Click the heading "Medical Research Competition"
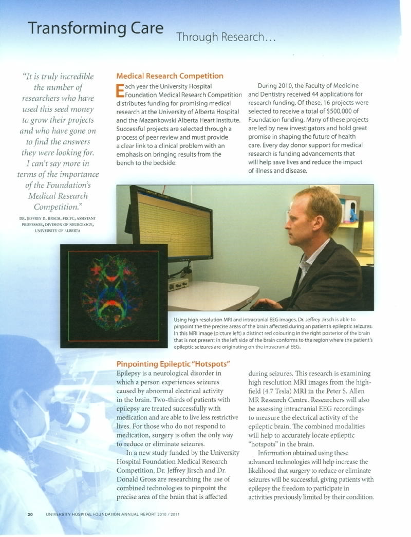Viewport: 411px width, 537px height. click(170, 76)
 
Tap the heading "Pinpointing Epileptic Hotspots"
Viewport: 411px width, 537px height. click(173, 364)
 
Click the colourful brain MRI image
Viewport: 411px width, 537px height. click(114, 293)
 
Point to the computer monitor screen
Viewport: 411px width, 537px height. click(171, 224)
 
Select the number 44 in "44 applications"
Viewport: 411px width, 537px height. click(307, 95)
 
